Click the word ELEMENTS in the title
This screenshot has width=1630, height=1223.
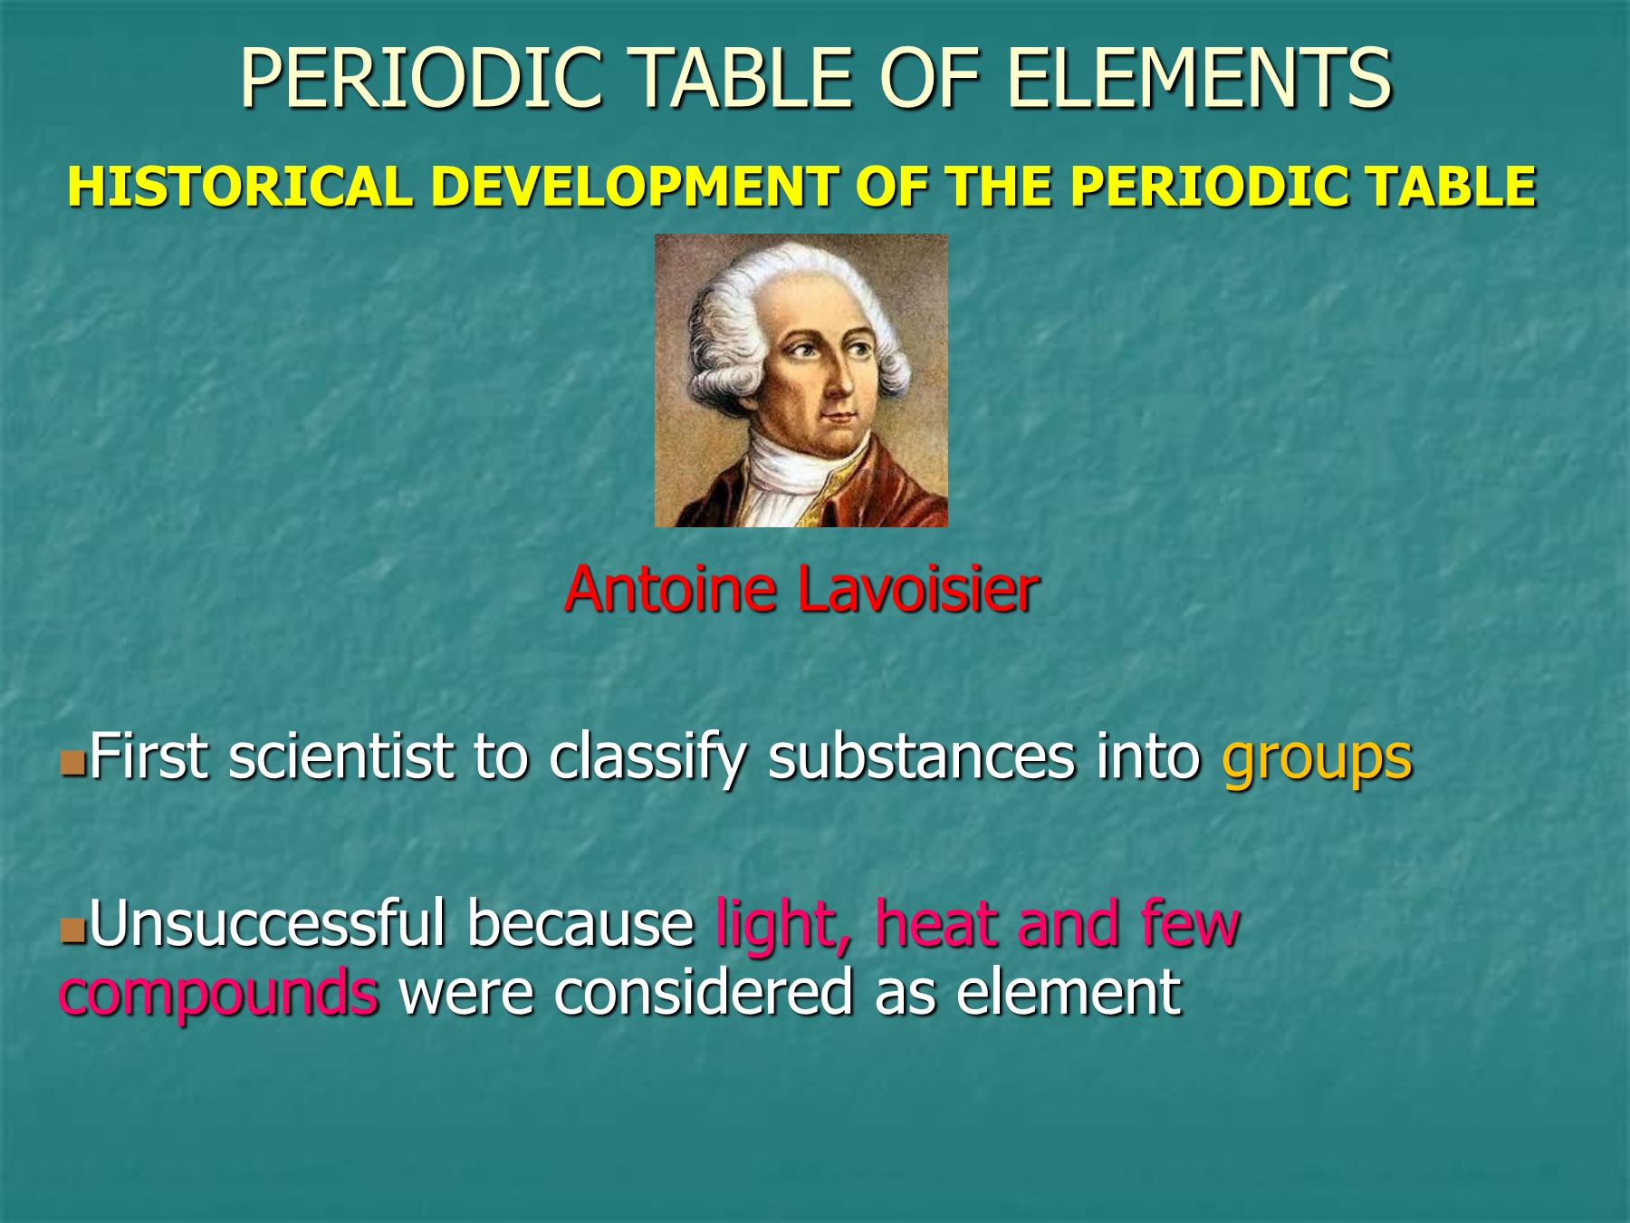[x=1198, y=78]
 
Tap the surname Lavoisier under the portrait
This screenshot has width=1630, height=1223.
[x=917, y=590]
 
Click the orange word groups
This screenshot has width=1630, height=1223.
[x=1317, y=757]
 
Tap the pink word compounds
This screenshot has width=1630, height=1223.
[x=218, y=993]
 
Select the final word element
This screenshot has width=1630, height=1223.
[x=1069, y=992]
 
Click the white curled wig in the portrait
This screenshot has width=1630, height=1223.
[x=724, y=326]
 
